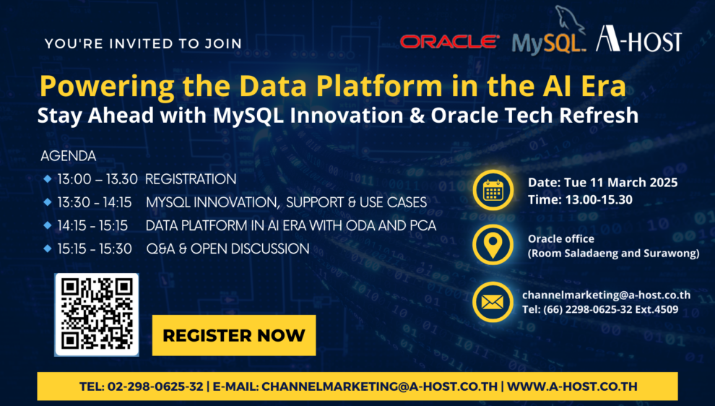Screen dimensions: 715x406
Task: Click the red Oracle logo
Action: (450, 41)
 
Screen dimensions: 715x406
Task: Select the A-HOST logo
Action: (639, 39)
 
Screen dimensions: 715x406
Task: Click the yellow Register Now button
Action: (234, 335)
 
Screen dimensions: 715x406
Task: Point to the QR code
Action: (97, 314)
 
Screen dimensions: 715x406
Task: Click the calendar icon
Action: (493, 190)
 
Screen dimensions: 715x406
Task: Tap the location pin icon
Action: (493, 245)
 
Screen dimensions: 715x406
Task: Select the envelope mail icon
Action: (493, 302)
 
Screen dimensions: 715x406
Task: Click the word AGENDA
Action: (69, 156)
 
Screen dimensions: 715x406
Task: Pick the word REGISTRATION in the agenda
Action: (191, 179)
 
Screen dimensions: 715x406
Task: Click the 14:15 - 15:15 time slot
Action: (92, 226)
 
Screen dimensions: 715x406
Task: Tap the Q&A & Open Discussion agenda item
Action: (228, 249)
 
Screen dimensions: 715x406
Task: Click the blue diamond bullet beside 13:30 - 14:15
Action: (48, 202)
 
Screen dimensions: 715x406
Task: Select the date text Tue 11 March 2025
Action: (620, 183)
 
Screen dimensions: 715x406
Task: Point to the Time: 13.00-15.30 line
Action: (580, 200)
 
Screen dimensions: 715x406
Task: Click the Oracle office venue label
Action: (561, 238)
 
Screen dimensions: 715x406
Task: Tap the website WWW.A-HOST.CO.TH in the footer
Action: (572, 386)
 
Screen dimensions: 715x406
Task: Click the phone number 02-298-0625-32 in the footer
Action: (155, 386)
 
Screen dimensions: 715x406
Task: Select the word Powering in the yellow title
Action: (107, 87)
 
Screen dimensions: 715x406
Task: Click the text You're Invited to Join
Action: (143, 44)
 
